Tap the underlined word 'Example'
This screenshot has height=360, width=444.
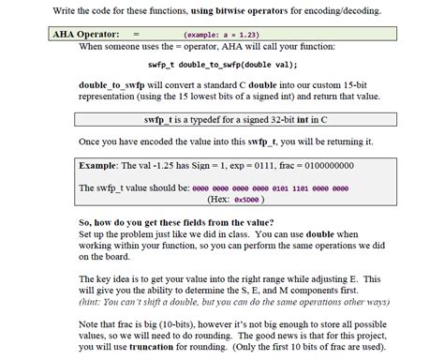tap(96, 165)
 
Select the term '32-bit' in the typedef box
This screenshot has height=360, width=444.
tap(279, 120)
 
